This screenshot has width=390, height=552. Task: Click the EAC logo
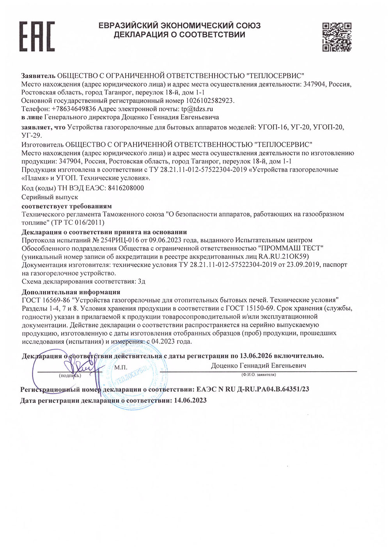point(37,36)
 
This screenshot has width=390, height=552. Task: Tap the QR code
point(337,37)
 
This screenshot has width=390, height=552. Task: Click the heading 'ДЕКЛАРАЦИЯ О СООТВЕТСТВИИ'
point(179,35)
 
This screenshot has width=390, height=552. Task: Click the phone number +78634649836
point(74,109)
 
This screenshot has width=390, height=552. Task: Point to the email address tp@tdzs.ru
point(197,109)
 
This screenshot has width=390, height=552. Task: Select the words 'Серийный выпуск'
point(50,197)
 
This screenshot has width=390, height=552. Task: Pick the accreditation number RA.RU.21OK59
point(284,256)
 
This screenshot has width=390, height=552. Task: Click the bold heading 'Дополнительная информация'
point(71,292)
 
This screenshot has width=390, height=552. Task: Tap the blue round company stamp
point(133,375)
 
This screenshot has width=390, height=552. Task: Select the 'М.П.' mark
point(121,368)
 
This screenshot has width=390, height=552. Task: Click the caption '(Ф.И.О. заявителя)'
point(259,375)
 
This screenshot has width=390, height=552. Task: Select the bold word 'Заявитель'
point(38,75)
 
